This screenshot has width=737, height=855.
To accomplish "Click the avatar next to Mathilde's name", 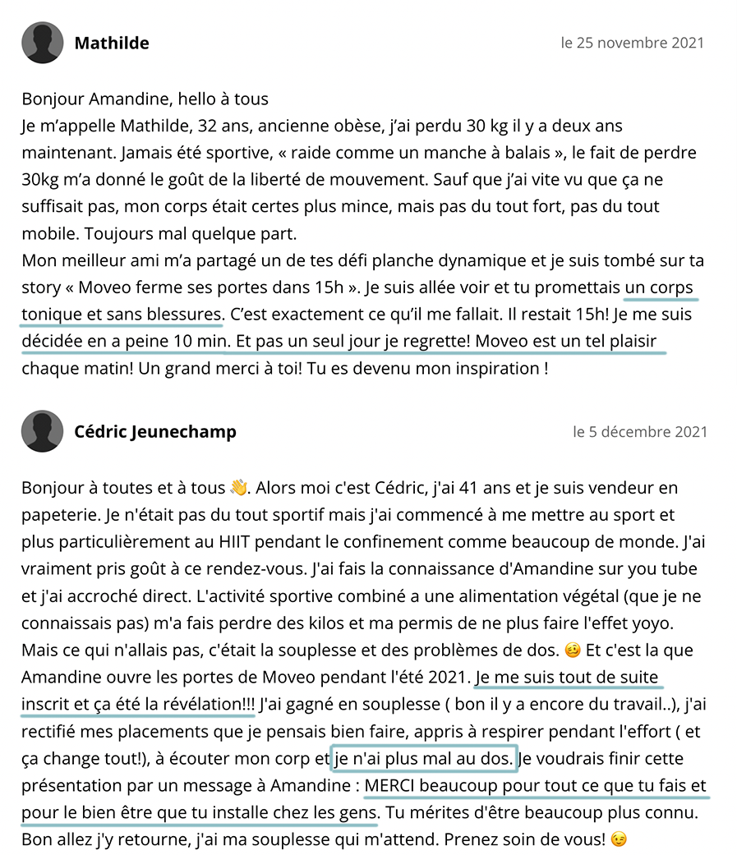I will point(43,43).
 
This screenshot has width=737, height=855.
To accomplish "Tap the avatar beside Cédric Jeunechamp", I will point(43,431).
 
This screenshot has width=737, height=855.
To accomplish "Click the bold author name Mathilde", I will point(112,43).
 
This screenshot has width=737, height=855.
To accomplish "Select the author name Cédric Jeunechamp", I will point(155,431).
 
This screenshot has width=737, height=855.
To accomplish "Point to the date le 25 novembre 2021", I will point(632,43).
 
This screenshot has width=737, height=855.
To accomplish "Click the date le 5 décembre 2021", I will point(639,431).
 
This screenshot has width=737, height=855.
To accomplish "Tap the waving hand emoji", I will point(239,488).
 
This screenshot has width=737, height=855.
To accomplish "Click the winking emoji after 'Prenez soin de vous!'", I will point(620,840).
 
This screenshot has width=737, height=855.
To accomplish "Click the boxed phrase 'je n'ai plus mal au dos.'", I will point(423,758).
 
